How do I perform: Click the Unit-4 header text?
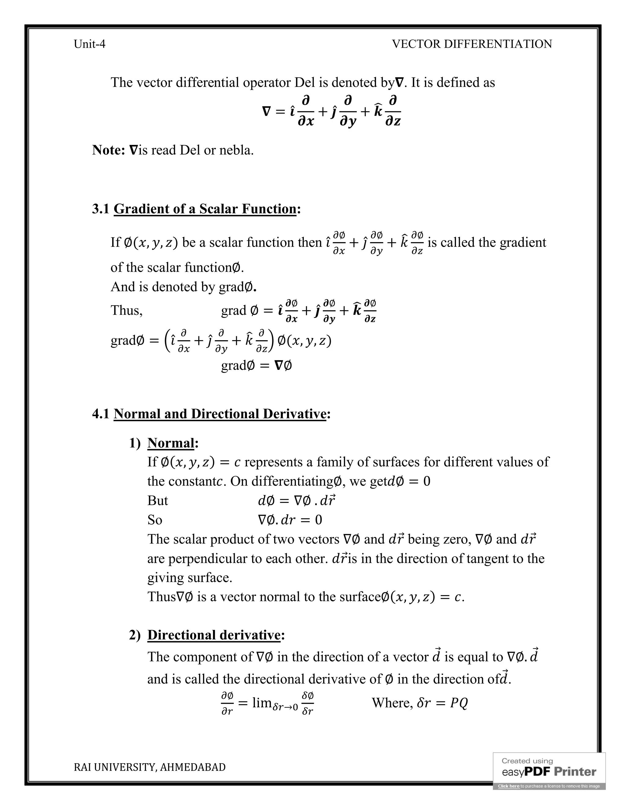(x=89, y=44)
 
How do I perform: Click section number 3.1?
(x=101, y=209)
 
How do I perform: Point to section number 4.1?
(x=101, y=414)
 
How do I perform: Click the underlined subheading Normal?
(x=171, y=443)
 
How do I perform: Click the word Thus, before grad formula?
(x=127, y=311)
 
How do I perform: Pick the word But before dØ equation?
(x=158, y=501)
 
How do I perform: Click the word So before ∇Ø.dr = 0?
(x=155, y=520)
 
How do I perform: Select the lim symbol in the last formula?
(x=262, y=702)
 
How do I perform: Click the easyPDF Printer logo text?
(x=549, y=772)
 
